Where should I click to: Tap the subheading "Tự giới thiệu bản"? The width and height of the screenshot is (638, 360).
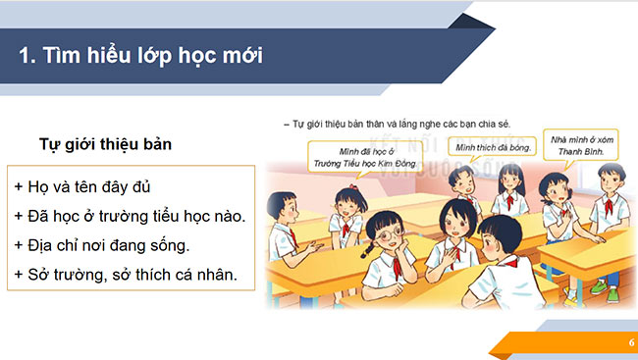point(105,145)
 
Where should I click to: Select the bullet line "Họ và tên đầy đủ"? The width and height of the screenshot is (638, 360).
point(82,186)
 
